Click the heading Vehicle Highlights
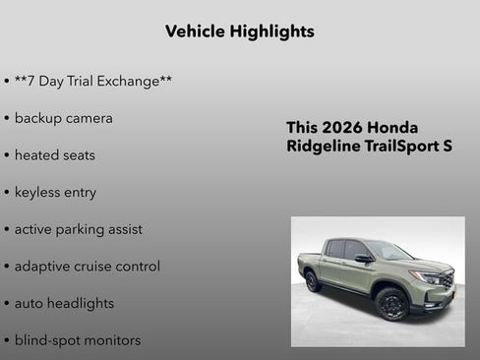click(240, 31)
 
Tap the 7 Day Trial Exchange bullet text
click(93, 81)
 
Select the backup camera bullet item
click(63, 118)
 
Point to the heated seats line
click(55, 155)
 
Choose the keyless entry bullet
click(55, 192)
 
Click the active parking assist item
click(78, 229)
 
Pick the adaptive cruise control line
click(87, 267)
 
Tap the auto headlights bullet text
click(64, 304)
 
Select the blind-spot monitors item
click(77, 340)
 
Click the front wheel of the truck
click(390, 304)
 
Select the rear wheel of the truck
click(313, 281)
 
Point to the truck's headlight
click(430, 277)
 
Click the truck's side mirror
click(364, 259)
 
